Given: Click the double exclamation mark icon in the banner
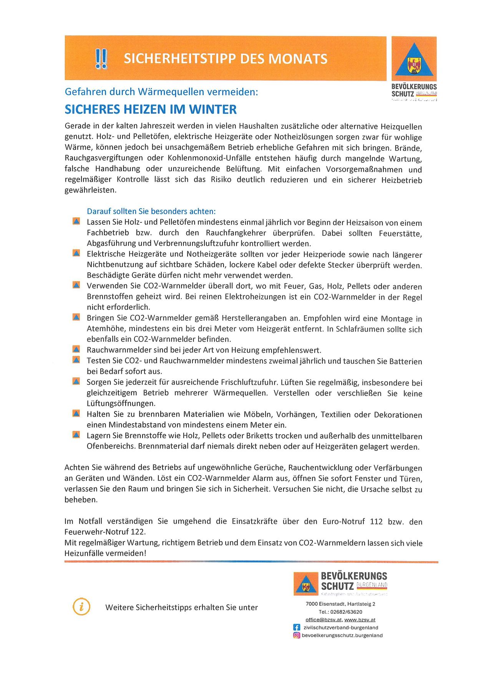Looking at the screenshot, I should tap(101, 59).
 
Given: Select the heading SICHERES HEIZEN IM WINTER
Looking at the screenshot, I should tap(151, 109).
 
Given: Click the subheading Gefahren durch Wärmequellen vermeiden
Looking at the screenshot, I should tap(161, 92).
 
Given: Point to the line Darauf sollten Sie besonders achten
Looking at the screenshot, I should tap(151, 211).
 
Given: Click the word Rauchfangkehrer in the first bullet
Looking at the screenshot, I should tap(236, 233).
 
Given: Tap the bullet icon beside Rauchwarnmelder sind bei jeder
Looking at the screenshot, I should tap(76, 349).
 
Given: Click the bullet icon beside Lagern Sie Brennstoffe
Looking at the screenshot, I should tap(76, 435).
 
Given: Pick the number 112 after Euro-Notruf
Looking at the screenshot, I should tap(376, 522).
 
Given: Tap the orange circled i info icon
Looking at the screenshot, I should tap(81, 607).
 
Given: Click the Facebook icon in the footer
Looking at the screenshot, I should tap(297, 627).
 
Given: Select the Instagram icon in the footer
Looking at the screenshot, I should tap(297, 635).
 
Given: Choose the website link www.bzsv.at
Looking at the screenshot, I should tap(360, 619).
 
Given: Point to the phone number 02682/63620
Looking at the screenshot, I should tap(346, 612).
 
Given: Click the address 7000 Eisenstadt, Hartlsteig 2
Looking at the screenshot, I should tap(340, 604).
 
